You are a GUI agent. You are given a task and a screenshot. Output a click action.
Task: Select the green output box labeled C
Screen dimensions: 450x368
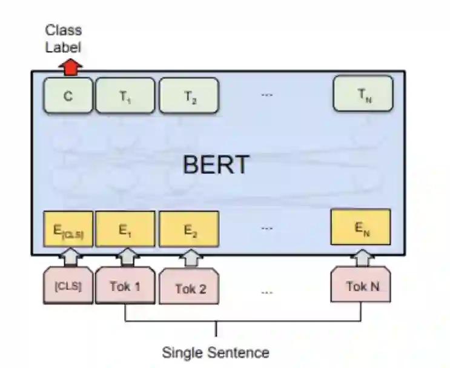(x=68, y=95)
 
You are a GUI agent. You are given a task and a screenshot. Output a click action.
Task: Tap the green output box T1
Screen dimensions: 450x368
(x=125, y=95)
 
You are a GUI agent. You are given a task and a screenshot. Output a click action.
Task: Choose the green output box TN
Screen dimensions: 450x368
(x=363, y=93)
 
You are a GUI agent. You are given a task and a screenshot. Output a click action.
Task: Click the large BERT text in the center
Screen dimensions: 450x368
(x=216, y=164)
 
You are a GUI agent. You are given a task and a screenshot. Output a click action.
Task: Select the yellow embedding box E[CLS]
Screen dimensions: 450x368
(x=68, y=230)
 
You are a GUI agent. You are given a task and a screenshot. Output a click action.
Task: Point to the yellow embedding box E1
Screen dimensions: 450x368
(x=125, y=229)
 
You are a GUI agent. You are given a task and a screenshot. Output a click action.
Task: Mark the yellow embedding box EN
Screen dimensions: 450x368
(x=360, y=227)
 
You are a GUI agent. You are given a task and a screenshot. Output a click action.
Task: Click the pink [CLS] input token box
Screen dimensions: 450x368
(x=68, y=285)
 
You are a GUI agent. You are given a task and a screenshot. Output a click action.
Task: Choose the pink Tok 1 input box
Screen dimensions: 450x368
(x=125, y=285)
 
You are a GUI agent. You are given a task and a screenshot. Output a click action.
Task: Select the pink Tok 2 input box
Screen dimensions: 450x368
(x=190, y=287)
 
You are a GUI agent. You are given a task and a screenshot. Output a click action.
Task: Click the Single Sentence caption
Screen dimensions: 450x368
(x=216, y=352)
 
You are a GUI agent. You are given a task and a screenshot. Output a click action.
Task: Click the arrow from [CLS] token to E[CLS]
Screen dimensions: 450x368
(x=68, y=258)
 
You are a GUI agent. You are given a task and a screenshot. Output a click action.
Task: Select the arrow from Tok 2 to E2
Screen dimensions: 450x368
(x=190, y=259)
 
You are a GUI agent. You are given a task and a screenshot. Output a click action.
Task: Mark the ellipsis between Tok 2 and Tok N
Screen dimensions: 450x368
(x=267, y=292)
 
